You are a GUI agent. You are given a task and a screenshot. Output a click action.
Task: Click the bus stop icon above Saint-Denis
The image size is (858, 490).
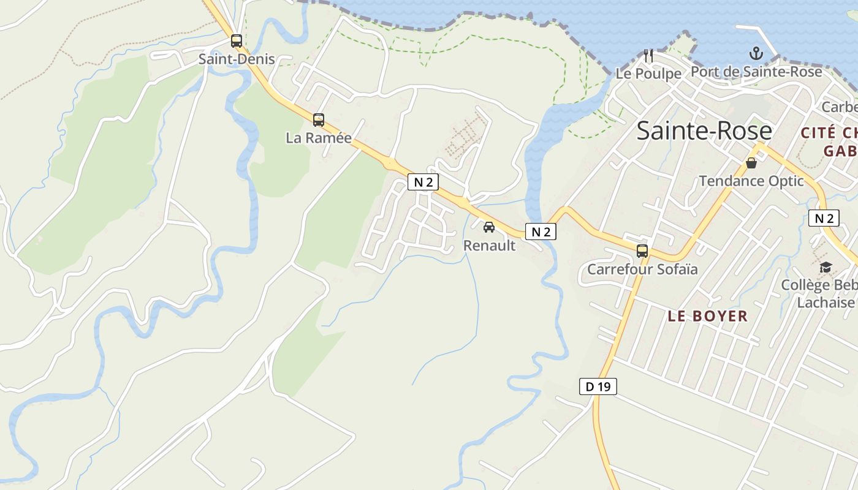[x=237, y=41]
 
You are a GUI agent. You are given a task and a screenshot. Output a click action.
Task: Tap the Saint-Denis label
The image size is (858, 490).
[x=237, y=59]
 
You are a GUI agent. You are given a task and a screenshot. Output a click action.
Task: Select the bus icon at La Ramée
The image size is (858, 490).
[x=319, y=119]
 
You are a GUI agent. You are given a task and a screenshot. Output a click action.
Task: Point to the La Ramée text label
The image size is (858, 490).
[x=319, y=138]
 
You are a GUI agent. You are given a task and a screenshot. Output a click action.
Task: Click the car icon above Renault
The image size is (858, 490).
[x=489, y=227]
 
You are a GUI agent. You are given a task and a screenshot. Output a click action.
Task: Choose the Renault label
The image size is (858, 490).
[x=489, y=246]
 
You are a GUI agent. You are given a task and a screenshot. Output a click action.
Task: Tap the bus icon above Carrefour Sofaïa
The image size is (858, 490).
[x=642, y=251]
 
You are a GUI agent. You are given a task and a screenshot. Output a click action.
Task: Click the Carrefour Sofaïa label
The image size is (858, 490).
[x=642, y=269]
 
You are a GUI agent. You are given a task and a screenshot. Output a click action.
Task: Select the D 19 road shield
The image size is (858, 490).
[x=598, y=386]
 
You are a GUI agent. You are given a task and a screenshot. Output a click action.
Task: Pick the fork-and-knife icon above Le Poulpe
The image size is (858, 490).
[x=648, y=56]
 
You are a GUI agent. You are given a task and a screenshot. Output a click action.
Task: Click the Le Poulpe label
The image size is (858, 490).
[x=648, y=73]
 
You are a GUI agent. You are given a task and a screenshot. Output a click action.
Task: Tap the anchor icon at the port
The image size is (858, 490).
[x=756, y=53]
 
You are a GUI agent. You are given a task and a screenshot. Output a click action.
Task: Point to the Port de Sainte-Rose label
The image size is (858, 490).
[x=756, y=72]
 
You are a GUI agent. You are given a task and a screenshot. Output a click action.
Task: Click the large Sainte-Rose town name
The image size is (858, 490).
[x=704, y=131]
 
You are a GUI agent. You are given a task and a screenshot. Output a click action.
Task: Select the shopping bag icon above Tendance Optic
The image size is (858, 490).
[x=751, y=163]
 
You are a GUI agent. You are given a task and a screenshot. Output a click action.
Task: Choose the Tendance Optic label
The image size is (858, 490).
[x=751, y=181]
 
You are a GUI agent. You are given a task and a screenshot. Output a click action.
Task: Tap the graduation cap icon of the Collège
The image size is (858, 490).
[x=826, y=267]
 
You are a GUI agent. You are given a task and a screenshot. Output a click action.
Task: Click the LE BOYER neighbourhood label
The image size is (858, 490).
[x=708, y=316]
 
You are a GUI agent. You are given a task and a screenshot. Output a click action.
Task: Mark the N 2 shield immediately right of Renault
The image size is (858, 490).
[x=541, y=232]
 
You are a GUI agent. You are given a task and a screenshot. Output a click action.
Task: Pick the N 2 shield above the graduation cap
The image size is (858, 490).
[x=824, y=218]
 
